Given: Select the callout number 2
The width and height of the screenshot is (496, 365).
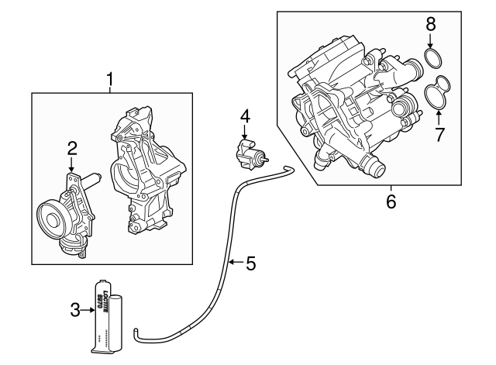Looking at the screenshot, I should [x=71, y=146].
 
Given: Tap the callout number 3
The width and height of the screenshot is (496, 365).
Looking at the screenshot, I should [x=75, y=311].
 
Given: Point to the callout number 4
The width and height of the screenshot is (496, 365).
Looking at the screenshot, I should [x=245, y=116].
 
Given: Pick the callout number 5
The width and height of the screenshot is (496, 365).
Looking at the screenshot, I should [x=250, y=263].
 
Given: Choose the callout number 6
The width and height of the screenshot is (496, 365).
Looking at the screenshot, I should [x=391, y=201].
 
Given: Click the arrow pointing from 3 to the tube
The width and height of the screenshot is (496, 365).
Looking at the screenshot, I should [x=88, y=311].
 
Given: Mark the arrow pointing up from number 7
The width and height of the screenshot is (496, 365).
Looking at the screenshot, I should [x=439, y=119].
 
